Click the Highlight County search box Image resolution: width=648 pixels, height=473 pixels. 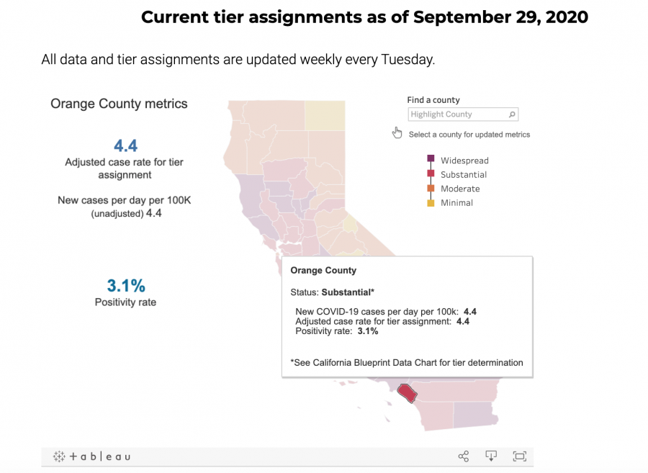click(x=457, y=114)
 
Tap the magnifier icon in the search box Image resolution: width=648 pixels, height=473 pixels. click(x=512, y=114)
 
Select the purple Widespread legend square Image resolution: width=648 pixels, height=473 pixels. click(x=431, y=159)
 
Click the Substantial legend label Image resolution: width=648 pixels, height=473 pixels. click(x=464, y=175)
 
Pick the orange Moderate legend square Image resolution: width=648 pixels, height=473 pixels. click(x=431, y=189)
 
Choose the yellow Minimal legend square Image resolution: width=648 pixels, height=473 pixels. click(x=431, y=203)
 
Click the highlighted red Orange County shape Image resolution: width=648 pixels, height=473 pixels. click(x=408, y=393)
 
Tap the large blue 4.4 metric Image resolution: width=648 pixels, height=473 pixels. click(x=125, y=145)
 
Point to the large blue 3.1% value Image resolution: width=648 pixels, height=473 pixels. click(x=125, y=284)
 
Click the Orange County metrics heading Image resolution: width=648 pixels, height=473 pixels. click(x=119, y=104)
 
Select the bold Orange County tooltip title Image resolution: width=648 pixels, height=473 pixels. click(x=323, y=271)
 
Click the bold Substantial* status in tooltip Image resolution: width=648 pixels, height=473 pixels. click(x=348, y=292)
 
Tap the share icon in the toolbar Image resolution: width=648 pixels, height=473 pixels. click(x=464, y=456)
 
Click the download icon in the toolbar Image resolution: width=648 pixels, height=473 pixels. click(x=491, y=456)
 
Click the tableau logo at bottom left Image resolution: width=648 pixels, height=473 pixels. click(x=91, y=456)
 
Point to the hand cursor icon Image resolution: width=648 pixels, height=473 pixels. click(x=397, y=132)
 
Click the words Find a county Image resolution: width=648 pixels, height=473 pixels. click(x=433, y=100)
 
